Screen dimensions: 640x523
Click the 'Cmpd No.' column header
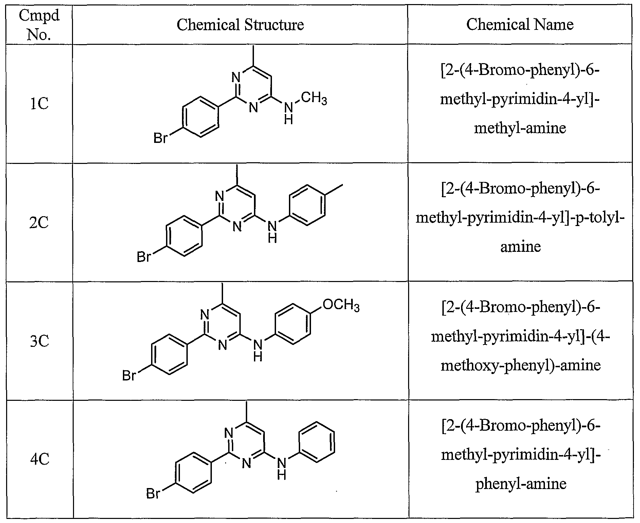39,24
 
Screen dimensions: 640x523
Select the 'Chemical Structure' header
240,24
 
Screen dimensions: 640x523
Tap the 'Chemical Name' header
520,24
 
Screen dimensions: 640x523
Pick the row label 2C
39,223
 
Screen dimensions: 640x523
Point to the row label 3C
39,341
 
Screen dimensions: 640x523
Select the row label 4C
40,460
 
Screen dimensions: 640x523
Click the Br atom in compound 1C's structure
161,138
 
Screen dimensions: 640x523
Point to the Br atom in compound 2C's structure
144,257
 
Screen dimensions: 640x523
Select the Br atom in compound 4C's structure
153,493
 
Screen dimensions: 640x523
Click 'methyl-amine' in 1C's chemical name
520,128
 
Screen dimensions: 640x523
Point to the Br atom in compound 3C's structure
129,376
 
